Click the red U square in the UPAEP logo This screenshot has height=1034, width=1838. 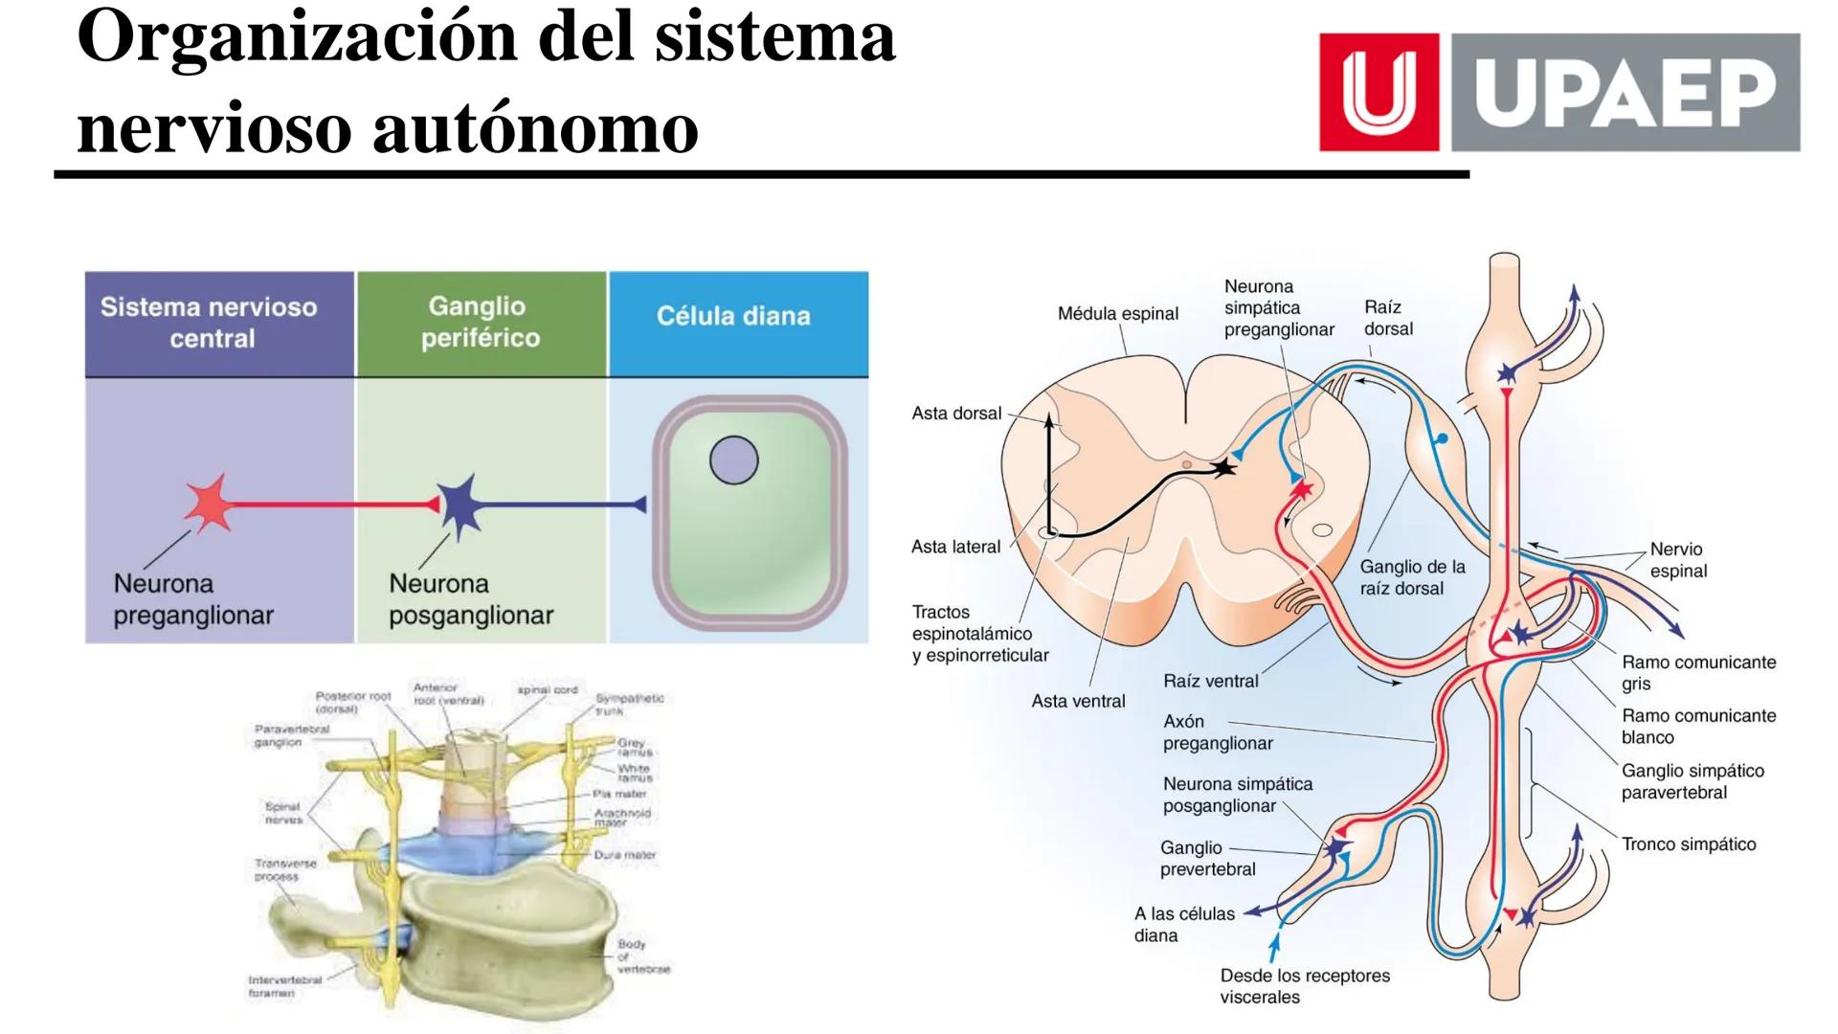point(1378,92)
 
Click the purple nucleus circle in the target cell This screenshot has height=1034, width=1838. point(733,461)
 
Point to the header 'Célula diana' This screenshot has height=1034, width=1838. point(733,316)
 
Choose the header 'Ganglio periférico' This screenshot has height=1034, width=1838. point(480,322)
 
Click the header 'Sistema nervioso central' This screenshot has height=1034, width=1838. point(210,323)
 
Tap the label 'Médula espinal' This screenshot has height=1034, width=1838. point(1117,313)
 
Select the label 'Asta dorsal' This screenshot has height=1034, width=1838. point(956,414)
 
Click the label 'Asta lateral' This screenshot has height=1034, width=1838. point(955,547)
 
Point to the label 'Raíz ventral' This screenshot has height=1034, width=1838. point(1210,681)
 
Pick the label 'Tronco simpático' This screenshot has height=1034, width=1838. point(1688,844)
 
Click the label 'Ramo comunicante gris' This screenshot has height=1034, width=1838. point(1697,672)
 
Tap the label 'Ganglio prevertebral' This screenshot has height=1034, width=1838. point(1206,859)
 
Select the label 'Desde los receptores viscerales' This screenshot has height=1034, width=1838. point(1304,986)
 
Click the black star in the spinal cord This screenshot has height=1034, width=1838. point(1222,467)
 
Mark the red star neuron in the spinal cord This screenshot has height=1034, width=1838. point(1301,491)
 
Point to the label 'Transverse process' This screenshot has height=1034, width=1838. point(284,869)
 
